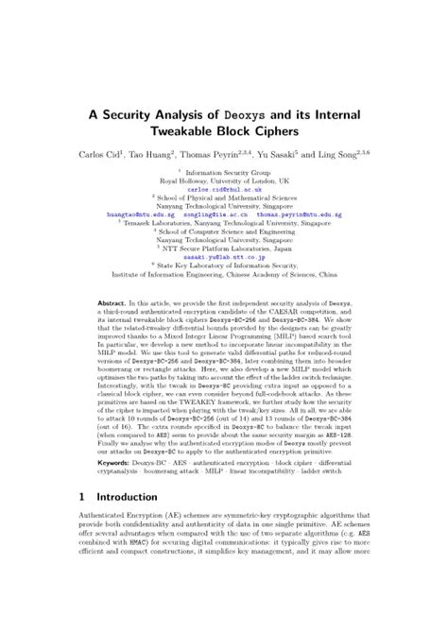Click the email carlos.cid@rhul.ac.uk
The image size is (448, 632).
[223, 187]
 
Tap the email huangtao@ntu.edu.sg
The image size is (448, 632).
[141, 214]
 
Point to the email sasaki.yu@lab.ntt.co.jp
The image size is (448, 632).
[223, 256]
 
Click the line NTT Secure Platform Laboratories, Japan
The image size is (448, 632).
[224, 247]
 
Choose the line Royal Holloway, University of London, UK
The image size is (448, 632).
[224, 179]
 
